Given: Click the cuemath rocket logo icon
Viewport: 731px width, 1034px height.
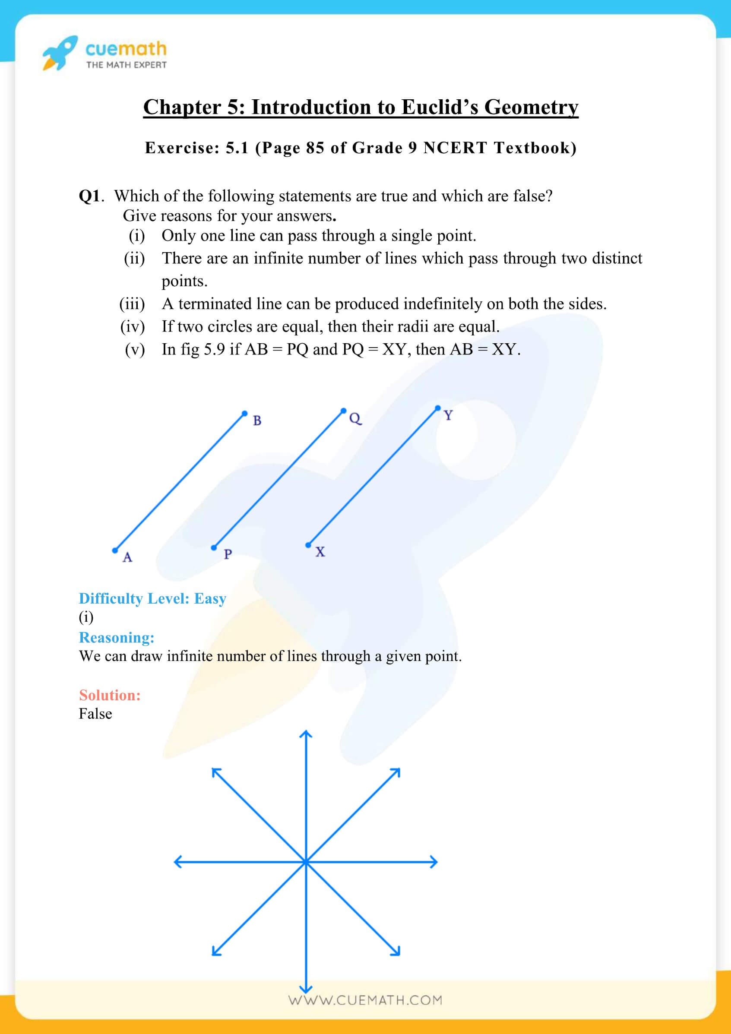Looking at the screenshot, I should tap(60, 53).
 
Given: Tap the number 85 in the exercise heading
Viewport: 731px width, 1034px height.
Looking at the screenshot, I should tap(315, 148).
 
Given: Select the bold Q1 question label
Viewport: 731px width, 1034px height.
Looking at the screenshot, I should tap(90, 196).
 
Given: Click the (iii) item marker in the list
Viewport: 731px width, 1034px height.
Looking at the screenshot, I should tap(132, 304).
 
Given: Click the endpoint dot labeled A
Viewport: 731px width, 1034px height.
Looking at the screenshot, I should tap(115, 550).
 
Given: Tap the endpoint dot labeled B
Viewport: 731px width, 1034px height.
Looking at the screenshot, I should tap(244, 413).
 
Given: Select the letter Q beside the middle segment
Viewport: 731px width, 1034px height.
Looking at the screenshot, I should tap(355, 419).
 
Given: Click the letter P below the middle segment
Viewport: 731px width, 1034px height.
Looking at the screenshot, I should tap(228, 554).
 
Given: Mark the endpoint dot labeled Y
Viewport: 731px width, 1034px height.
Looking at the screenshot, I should tap(437, 408).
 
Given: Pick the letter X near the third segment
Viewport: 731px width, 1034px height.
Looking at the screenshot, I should tap(320, 552).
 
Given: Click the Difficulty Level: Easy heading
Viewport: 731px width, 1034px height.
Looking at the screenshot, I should tap(152, 598).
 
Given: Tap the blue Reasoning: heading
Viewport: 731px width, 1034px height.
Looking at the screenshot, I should tap(116, 638).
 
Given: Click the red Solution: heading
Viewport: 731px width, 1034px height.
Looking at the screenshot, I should tap(109, 696).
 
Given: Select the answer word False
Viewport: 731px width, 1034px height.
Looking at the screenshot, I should tap(95, 714).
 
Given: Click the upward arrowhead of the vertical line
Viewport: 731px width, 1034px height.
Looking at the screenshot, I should tap(306, 734).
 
